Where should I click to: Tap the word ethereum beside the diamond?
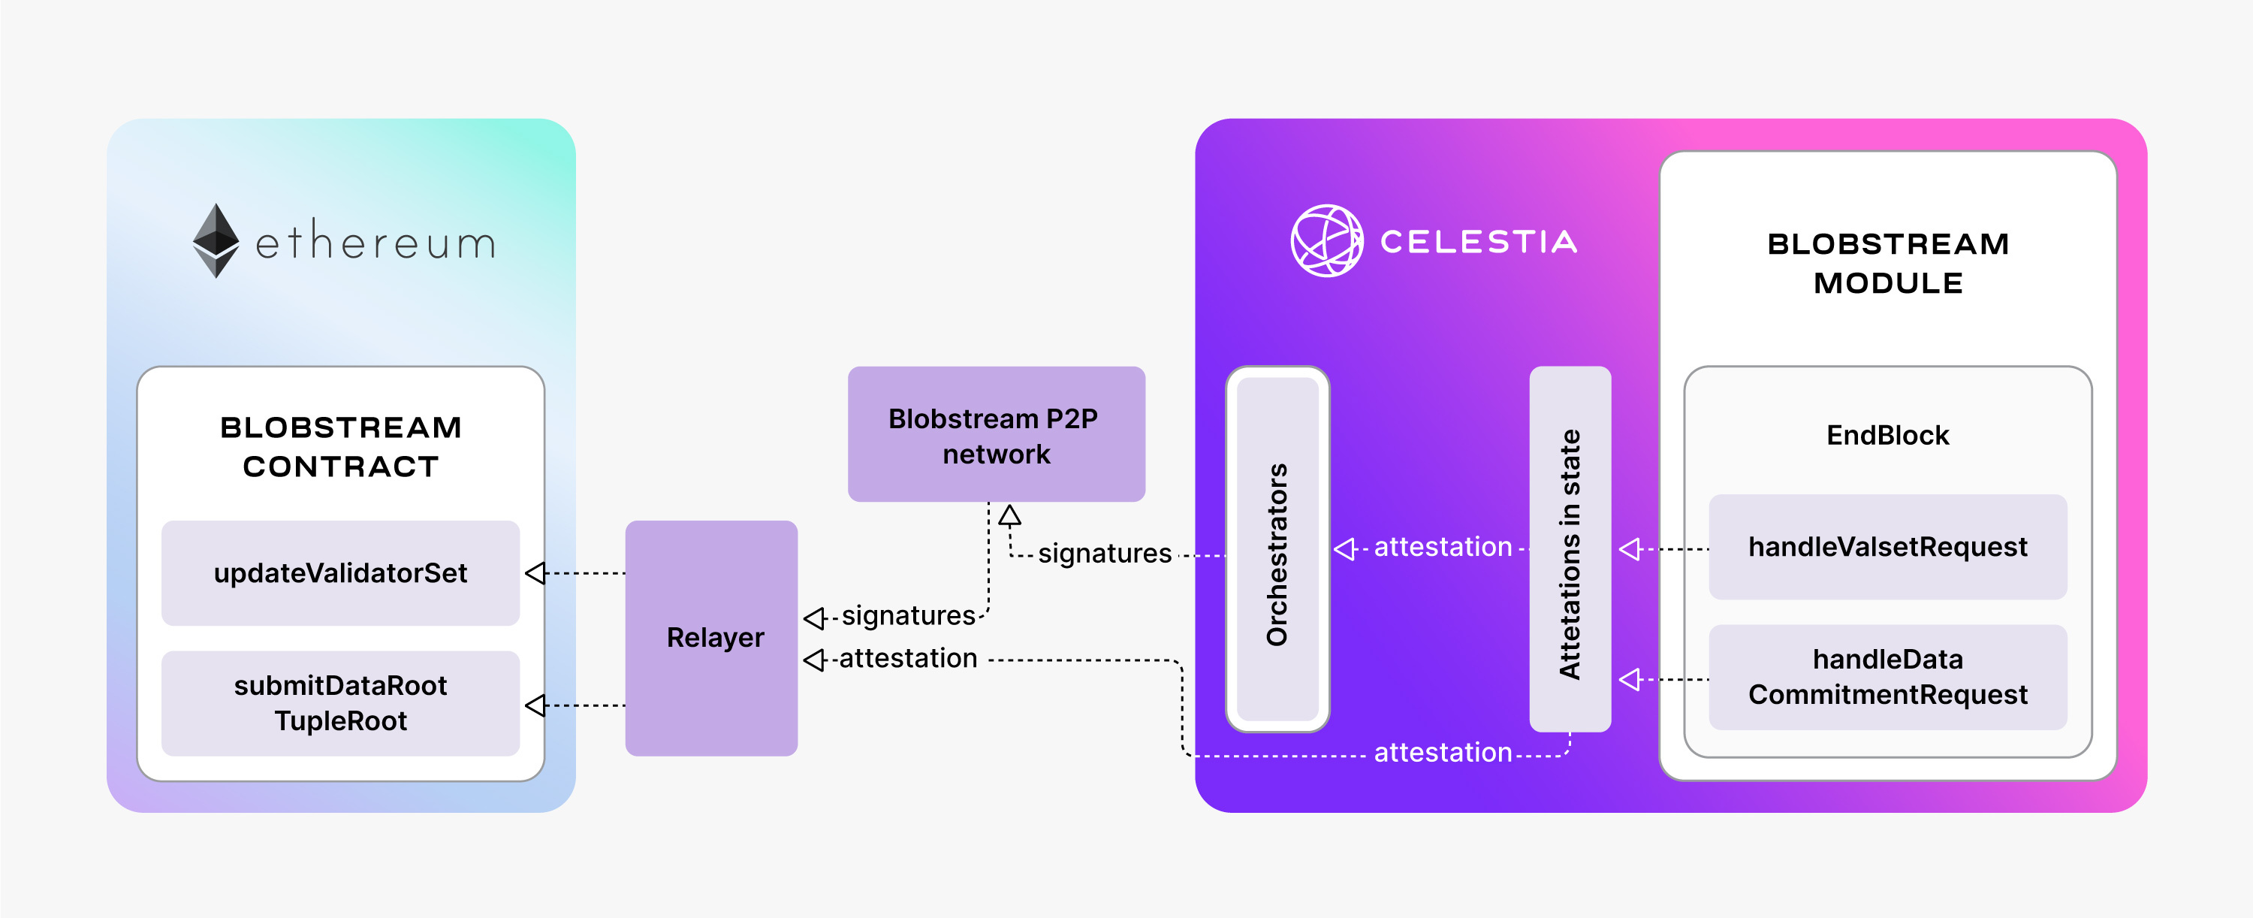coord(375,243)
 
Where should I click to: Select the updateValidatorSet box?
coord(340,573)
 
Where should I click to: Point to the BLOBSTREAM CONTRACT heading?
coord(340,446)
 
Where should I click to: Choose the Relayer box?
coord(711,638)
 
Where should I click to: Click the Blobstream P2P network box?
coord(996,434)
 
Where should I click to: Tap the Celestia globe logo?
coord(1327,240)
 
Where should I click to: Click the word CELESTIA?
coord(1478,242)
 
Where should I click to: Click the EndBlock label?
coord(1887,435)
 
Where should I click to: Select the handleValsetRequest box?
coord(1887,547)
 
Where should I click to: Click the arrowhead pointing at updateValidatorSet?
coord(535,573)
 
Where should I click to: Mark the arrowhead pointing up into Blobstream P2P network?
coord(1010,515)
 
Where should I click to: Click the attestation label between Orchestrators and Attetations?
coord(1443,547)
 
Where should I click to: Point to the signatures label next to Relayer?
coord(908,615)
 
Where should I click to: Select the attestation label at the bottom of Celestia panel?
coord(1443,753)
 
